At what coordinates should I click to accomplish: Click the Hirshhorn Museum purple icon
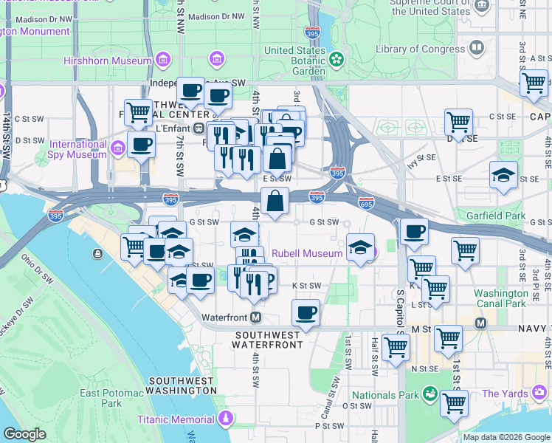click(x=163, y=59)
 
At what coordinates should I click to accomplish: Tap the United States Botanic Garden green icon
click(x=337, y=58)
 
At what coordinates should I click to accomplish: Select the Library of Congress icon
click(x=477, y=49)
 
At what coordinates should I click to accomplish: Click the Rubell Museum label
click(x=307, y=253)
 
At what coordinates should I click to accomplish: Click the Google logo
click(x=24, y=434)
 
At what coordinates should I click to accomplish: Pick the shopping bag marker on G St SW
click(x=275, y=201)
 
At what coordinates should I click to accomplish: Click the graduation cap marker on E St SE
click(x=504, y=176)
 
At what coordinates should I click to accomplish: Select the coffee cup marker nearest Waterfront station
click(x=306, y=313)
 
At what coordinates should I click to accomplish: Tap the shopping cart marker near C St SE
click(x=459, y=122)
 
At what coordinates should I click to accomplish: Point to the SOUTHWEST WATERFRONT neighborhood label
click(x=268, y=340)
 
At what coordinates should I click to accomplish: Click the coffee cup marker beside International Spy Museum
click(x=141, y=144)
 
